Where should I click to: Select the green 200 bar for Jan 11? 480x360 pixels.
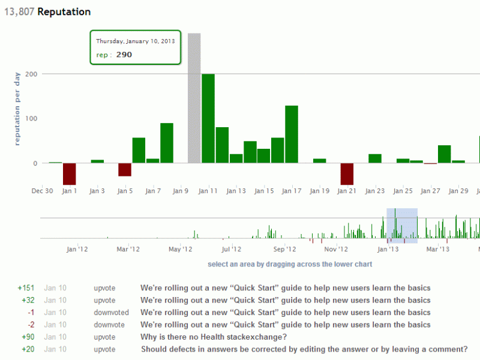tap(208, 118)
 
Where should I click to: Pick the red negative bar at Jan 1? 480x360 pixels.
tap(70, 173)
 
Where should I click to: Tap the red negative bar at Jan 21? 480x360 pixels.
tap(347, 173)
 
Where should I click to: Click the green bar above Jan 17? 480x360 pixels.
tap(292, 134)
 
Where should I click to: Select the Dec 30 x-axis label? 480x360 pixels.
tap(42, 191)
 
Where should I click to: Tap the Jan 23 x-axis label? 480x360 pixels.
tap(374, 191)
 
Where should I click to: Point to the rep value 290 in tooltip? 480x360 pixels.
tap(124, 55)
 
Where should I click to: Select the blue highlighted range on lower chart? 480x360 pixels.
tap(401, 225)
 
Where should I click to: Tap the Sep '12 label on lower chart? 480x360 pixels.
tap(284, 249)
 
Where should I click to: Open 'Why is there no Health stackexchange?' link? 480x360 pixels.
tap(214, 337)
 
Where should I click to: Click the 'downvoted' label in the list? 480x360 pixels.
tap(111, 313)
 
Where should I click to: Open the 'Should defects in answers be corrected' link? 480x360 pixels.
tap(304, 349)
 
